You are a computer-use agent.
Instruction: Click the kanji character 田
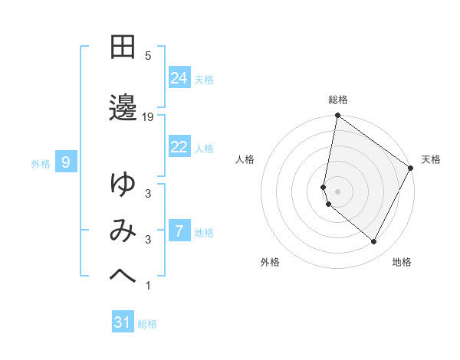[123, 47]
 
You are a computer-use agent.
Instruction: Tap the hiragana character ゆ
[123, 184]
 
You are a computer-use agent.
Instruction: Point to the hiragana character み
[123, 231]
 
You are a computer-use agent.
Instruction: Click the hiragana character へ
[123, 277]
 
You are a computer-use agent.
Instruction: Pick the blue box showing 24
[179, 78]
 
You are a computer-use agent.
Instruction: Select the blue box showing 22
[179, 147]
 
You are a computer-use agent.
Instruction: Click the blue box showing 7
[179, 231]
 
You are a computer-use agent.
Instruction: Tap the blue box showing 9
[66, 162]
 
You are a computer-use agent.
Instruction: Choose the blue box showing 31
[123, 322]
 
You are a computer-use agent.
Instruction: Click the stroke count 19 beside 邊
[148, 116]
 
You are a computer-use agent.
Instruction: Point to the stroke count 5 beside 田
[148, 56]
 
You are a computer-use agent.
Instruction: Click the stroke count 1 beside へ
[148, 286]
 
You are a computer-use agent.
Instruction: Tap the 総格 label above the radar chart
[338, 100]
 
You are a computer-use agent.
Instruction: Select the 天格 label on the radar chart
[431, 159]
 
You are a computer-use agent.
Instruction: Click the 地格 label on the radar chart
[402, 262]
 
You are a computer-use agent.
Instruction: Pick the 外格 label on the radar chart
[270, 262]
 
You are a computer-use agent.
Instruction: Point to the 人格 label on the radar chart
[245, 159]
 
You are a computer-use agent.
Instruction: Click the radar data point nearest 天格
[411, 169]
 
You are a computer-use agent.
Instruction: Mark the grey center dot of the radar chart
[338, 191]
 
